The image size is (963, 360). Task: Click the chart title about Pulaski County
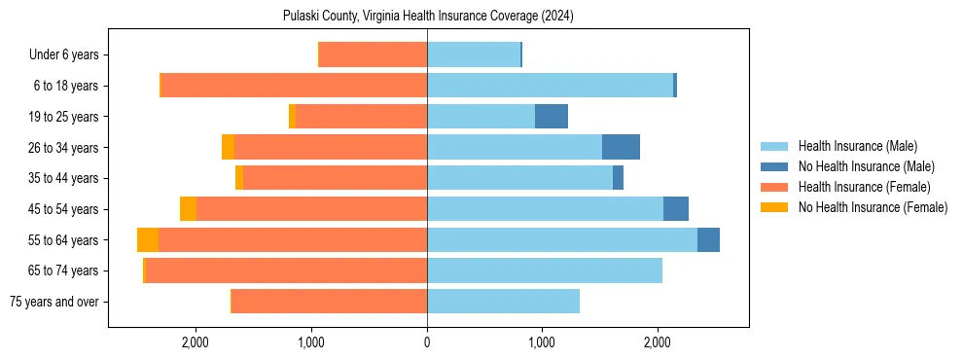pyautogui.click(x=428, y=17)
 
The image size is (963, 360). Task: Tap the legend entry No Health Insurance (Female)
pyautogui.click(x=873, y=207)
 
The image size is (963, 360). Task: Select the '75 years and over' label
pyautogui.click(x=55, y=302)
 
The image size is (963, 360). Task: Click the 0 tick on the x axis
pyautogui.click(x=427, y=342)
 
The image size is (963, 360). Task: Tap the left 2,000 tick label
pyautogui.click(x=196, y=342)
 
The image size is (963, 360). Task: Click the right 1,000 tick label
pyautogui.click(x=542, y=342)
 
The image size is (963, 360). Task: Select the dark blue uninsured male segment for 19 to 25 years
pyautogui.click(x=552, y=117)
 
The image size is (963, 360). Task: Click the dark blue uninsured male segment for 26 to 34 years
pyautogui.click(x=621, y=147)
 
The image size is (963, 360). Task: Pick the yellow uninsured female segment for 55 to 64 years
pyautogui.click(x=148, y=239)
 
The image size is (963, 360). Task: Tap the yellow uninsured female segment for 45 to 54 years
pyautogui.click(x=188, y=209)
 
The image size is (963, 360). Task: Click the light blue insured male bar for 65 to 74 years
pyautogui.click(x=545, y=270)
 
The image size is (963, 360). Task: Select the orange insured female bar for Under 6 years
pyautogui.click(x=374, y=55)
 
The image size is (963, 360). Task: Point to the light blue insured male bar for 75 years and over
pyautogui.click(x=503, y=302)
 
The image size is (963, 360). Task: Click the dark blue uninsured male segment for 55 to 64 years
pyautogui.click(x=708, y=239)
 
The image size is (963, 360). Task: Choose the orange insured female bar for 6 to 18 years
pyautogui.click(x=294, y=86)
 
